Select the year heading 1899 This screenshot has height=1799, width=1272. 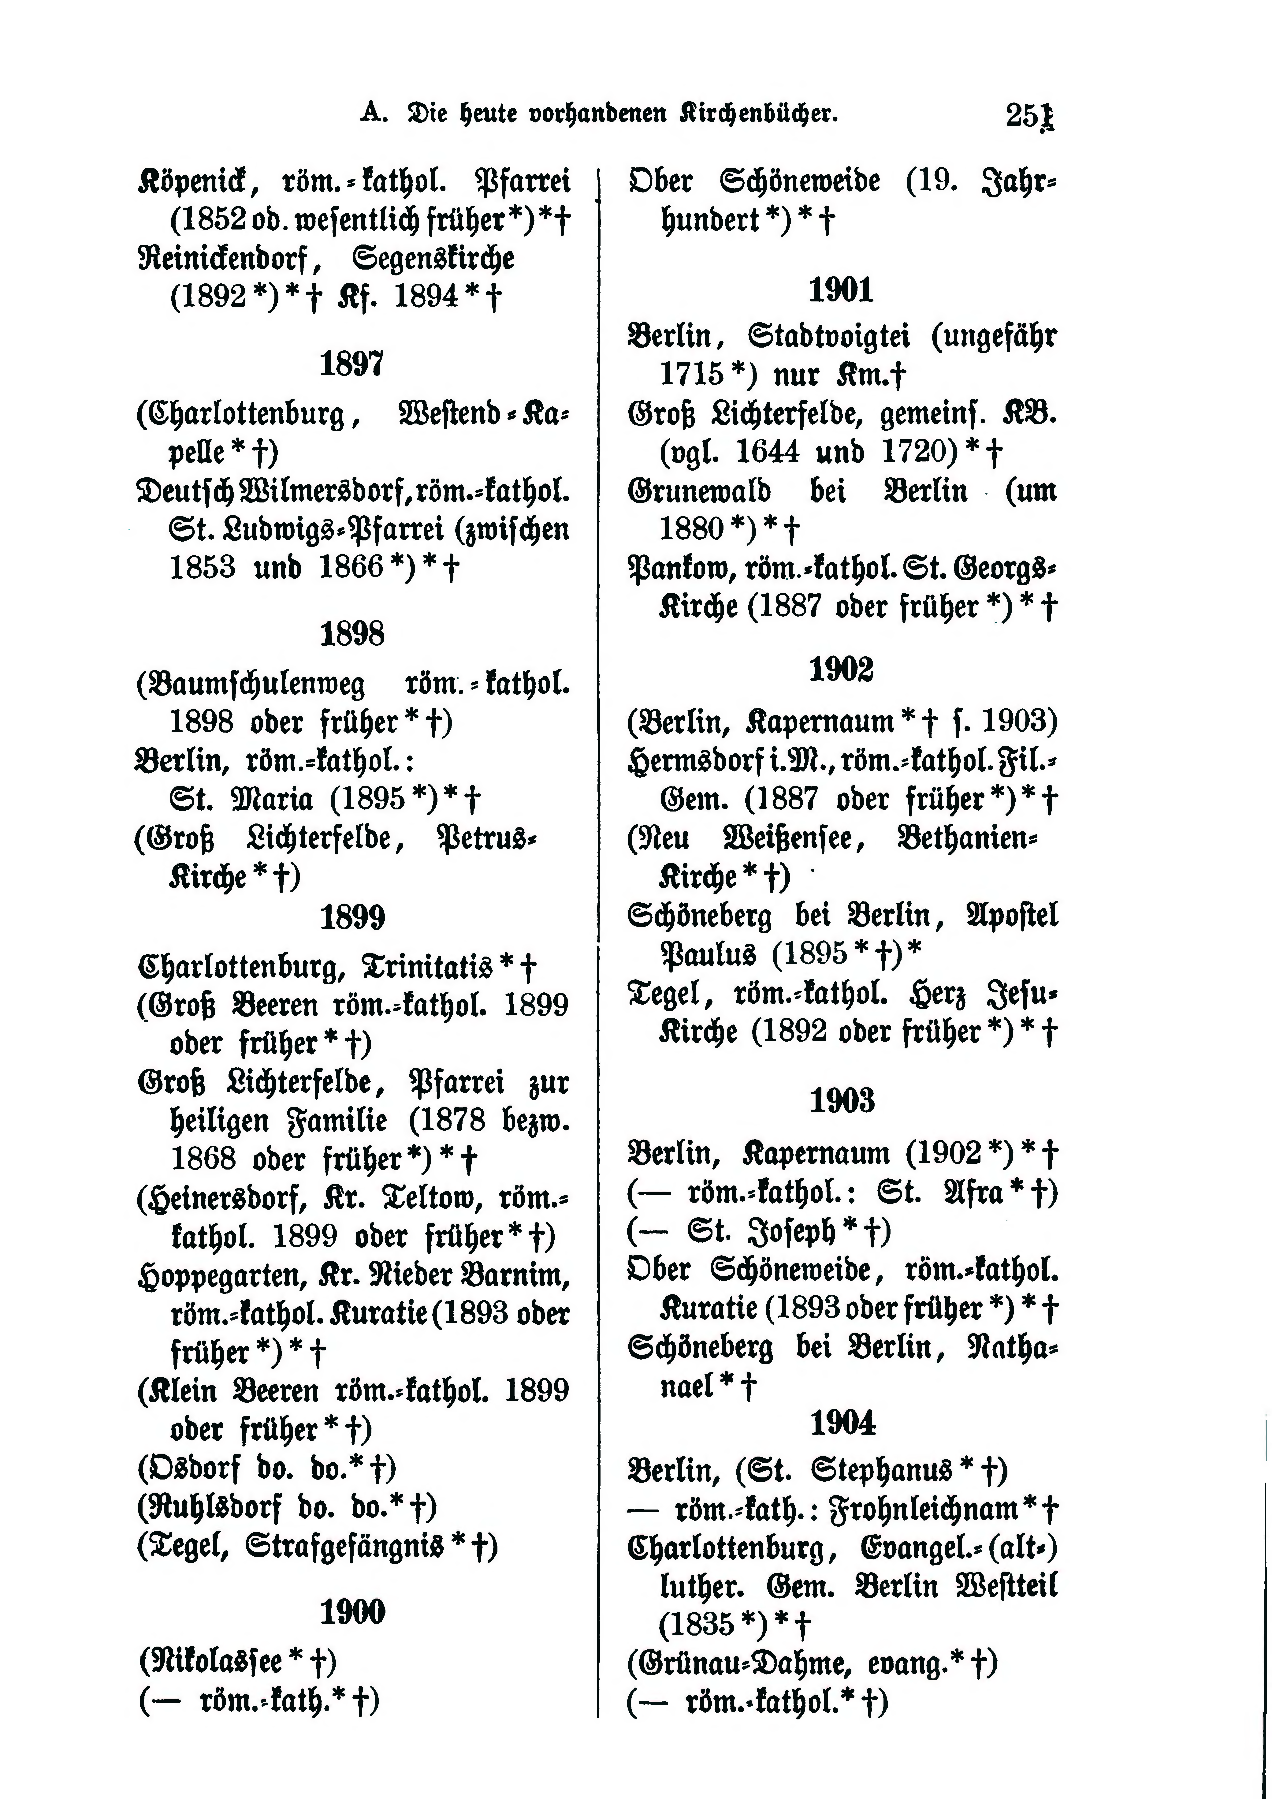(352, 917)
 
